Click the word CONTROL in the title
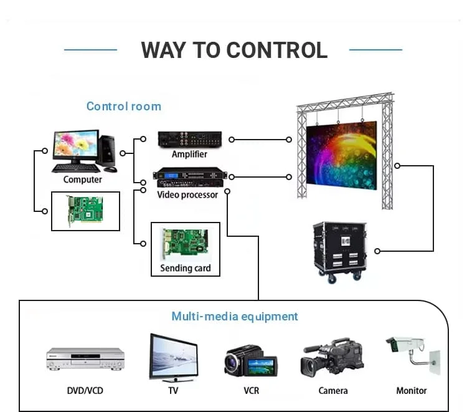coord(277,50)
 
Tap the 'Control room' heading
coord(124,107)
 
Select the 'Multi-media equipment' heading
coord(235,316)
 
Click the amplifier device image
coord(190,139)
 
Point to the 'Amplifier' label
coord(189,154)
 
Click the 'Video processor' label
coord(187,194)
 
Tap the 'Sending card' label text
coord(186,268)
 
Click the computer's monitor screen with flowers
coord(76,144)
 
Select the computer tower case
coord(107,151)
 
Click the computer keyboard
coord(76,168)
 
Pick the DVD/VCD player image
coord(85,359)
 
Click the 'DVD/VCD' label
coord(85,391)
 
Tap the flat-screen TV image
coord(174,357)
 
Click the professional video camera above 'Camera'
coord(332,357)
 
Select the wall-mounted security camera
coord(413,355)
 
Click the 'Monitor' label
coord(412,391)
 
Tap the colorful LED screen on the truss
coord(341,155)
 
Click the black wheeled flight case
coord(339,252)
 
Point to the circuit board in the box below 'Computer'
coord(85,211)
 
